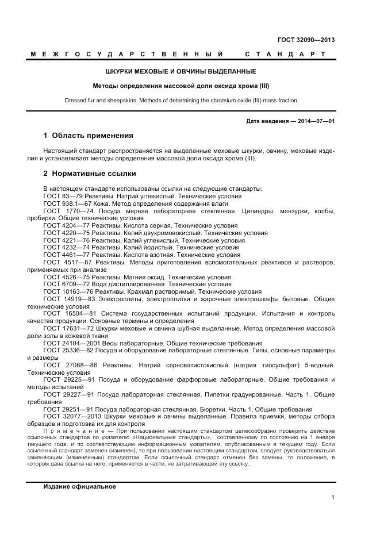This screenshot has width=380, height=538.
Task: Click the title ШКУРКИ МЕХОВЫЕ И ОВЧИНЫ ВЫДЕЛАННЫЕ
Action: pyautogui.click(x=181, y=72)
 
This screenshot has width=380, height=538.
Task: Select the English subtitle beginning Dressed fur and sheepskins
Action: pyautogui.click(x=181, y=100)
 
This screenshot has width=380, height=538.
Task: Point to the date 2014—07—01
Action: pyautogui.click(x=314, y=121)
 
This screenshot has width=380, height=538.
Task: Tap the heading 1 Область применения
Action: pyautogui.click(x=88, y=136)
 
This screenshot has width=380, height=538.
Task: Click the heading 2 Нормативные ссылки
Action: pyautogui.click(x=90, y=173)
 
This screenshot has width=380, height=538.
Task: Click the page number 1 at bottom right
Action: pyautogui.click(x=333, y=498)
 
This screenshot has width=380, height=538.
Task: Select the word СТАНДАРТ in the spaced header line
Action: pyautogui.click(x=286, y=54)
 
